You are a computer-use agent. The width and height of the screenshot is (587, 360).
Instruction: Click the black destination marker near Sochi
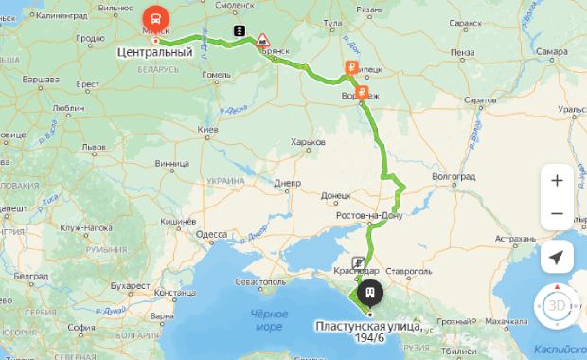pyautogui.click(x=370, y=293)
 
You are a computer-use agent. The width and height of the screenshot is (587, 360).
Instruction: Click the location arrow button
pyautogui.click(x=556, y=257)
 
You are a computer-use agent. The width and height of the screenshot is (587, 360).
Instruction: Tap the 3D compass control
pyautogui.click(x=556, y=306)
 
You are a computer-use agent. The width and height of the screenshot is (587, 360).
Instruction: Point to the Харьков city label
pyautogui.click(x=309, y=142)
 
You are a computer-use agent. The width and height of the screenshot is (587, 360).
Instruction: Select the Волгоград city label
pyautogui.click(x=451, y=176)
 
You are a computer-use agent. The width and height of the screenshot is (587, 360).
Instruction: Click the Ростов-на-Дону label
pyautogui.click(x=369, y=217)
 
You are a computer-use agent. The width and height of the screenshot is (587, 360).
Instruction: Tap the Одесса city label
pyautogui.click(x=212, y=234)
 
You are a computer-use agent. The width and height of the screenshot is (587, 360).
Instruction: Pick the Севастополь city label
pyautogui.click(x=259, y=282)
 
